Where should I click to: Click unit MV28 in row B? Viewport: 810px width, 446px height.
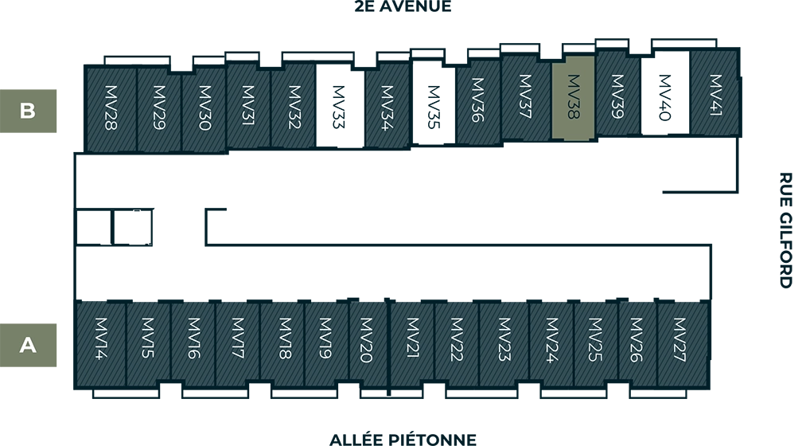(x=111, y=109)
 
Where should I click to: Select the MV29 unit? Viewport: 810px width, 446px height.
(x=158, y=109)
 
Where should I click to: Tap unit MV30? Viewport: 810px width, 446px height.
(x=203, y=109)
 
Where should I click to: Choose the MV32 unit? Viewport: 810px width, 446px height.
(x=294, y=106)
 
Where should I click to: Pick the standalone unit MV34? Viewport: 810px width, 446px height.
(x=387, y=106)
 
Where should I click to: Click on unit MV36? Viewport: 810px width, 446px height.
(x=477, y=102)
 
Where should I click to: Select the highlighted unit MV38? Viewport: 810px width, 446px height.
(x=573, y=97)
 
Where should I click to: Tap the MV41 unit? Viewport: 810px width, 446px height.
(x=714, y=94)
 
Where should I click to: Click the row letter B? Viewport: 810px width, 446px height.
(x=28, y=111)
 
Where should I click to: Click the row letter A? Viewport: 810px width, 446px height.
(x=28, y=346)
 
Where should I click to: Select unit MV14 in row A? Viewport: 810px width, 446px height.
(x=100, y=342)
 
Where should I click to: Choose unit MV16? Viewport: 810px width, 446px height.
(x=193, y=342)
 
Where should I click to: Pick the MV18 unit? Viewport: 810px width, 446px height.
(x=282, y=342)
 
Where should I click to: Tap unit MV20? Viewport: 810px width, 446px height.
(x=368, y=342)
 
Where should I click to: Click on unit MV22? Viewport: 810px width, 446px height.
(x=456, y=342)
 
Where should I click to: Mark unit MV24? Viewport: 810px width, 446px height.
(x=551, y=342)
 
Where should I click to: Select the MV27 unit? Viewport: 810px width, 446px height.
(x=681, y=342)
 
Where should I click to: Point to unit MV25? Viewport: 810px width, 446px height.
(x=595, y=342)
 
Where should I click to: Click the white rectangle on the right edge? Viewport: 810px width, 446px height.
(x=802, y=232)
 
